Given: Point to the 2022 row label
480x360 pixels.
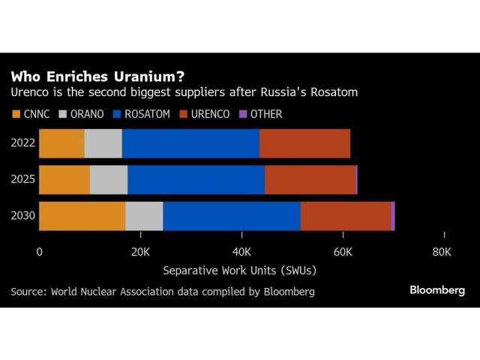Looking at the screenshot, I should click(22, 143).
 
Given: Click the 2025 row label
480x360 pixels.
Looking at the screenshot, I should click(22, 180).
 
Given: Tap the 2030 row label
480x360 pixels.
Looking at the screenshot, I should click(22, 217).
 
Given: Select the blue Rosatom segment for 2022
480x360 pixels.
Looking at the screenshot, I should click(190, 143).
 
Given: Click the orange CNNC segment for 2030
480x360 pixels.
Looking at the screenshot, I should click(82, 217).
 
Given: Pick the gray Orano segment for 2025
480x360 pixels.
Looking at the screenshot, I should click(109, 180).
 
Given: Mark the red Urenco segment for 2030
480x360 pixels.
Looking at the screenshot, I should click(345, 217).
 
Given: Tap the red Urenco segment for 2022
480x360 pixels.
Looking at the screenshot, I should click(304, 143).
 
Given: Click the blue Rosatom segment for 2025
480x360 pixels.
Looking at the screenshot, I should click(196, 180).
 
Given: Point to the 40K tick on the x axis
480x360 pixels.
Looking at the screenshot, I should click(241, 252).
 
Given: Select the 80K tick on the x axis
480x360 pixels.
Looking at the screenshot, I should click(442, 252).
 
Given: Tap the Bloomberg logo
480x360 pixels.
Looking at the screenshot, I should click(437, 291).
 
